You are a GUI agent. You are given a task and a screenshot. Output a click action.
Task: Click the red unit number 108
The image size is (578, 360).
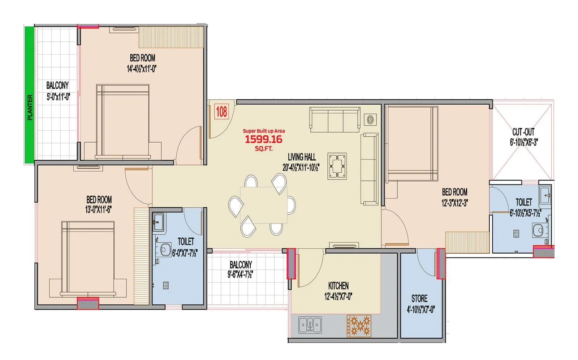coord(221,112)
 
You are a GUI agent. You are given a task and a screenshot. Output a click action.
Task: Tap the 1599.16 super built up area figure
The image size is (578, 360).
coord(263,139)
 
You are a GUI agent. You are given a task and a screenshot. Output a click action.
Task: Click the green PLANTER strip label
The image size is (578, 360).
coord(30,107)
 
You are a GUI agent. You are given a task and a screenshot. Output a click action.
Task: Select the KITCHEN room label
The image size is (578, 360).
coord(338,286)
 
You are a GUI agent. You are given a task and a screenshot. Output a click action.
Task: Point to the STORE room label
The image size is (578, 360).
coord(419,299)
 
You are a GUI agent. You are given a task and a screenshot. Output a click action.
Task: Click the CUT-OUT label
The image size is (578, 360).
coord(523,132)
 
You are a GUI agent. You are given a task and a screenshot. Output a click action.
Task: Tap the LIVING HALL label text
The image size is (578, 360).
coord(302,157)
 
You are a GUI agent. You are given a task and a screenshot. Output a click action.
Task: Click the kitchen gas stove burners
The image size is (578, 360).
coord(359,326)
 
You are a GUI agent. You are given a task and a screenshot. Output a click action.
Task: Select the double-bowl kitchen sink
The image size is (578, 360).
coord(310,325)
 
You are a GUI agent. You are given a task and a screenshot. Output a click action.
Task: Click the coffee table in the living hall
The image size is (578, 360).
coord(337,166)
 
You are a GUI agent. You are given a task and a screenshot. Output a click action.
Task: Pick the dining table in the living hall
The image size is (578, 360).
coord(263,205)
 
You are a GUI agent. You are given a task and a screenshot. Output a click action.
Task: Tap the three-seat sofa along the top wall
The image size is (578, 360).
coord(335,120)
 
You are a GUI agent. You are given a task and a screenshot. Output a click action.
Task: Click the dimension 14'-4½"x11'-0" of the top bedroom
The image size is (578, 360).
coord(141,69)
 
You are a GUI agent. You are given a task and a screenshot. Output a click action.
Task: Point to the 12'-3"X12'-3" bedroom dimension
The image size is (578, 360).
coord(454,203)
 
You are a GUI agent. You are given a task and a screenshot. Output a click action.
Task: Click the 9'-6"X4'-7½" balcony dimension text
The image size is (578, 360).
coord(240,274)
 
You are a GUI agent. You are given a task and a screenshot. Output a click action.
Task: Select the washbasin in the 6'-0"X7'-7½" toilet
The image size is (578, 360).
coord(158,221)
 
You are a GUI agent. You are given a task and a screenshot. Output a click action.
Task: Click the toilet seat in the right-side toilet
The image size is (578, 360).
coord(538,230)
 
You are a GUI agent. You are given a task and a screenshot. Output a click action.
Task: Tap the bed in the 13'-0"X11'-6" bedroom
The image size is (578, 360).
coord(88,258)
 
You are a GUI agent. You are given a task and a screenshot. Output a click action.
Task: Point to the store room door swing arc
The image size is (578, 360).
coord(426,262)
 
